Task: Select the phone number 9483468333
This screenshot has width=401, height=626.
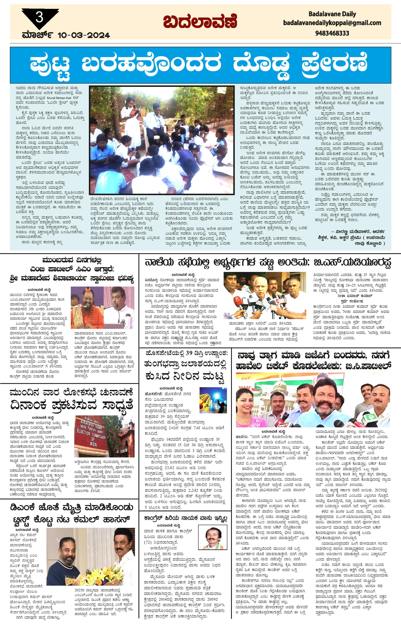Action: [x=332, y=33]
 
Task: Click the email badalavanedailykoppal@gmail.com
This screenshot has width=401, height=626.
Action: [x=332, y=23]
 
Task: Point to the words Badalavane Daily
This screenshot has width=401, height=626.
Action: [x=332, y=14]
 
